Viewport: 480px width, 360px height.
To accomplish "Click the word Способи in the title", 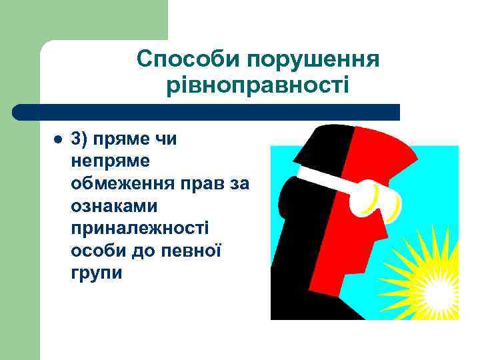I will (x=189, y=59).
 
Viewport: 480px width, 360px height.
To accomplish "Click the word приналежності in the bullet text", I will (x=139, y=228).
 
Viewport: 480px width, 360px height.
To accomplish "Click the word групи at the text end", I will (x=96, y=273).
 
